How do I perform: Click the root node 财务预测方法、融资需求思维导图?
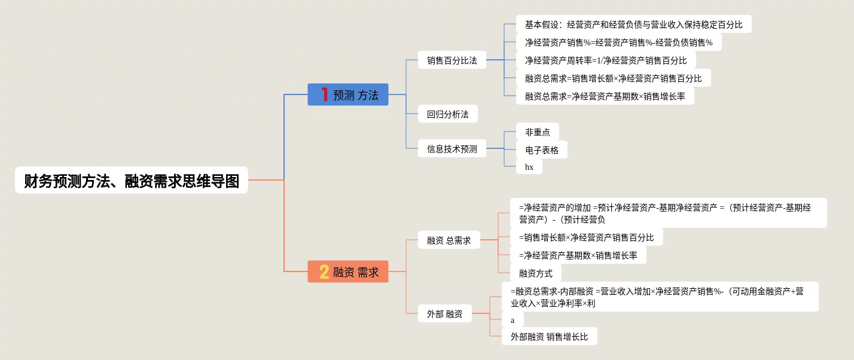[132, 180]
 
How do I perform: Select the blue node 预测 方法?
[348, 94]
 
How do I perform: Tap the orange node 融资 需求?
[348, 272]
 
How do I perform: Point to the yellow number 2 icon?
[324, 272]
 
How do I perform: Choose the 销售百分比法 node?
[452, 60]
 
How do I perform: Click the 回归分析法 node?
[448, 114]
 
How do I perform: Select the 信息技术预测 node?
[452, 149]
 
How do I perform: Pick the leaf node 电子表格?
[542, 150]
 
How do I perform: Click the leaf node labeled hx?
[529, 167]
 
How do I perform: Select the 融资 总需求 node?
[449, 240]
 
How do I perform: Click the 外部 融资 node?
[445, 313]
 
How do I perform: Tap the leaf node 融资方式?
[536, 273]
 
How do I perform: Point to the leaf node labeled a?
[513, 320]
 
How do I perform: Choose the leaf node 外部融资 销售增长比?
[549, 337]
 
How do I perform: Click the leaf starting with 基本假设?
[633, 25]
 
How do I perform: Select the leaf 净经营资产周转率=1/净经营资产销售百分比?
[606, 60]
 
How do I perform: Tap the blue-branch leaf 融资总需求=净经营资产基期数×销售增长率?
[605, 96]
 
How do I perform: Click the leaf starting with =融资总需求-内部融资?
[660, 297]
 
